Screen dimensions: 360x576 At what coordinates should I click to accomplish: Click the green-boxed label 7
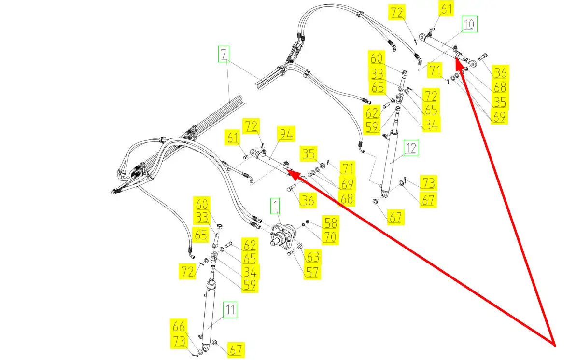[224, 55]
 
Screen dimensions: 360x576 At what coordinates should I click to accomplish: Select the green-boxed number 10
[469, 24]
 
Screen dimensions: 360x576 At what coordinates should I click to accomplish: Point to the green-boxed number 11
[230, 310]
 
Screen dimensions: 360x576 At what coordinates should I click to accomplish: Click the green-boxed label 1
[275, 208]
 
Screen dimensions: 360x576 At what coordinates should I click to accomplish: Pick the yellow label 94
[286, 135]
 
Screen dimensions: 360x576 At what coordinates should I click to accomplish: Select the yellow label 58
[331, 222]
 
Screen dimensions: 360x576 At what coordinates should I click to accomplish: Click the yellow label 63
[312, 256]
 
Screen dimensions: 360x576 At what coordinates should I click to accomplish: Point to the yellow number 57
[312, 271]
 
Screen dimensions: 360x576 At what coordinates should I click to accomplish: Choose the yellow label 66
[179, 326]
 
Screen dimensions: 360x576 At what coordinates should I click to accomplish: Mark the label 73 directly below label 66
[179, 341]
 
